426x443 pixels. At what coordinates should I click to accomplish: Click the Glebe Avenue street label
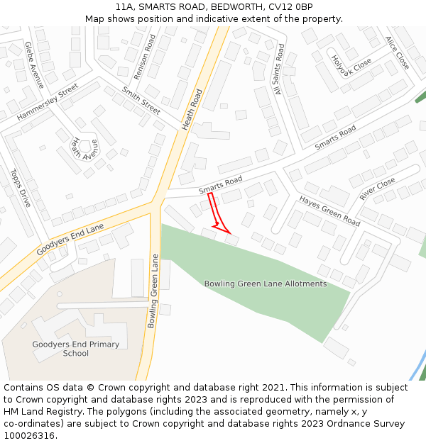coord(34,65)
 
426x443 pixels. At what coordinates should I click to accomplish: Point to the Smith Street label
coord(141,101)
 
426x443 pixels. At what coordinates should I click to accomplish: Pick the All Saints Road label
coord(278,69)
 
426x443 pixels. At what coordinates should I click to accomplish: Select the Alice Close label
coord(397,52)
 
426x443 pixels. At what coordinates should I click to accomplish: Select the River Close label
coord(377,189)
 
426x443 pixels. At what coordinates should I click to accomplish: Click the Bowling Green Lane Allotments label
coord(266,284)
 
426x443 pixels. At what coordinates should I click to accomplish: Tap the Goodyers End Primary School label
coord(76,349)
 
